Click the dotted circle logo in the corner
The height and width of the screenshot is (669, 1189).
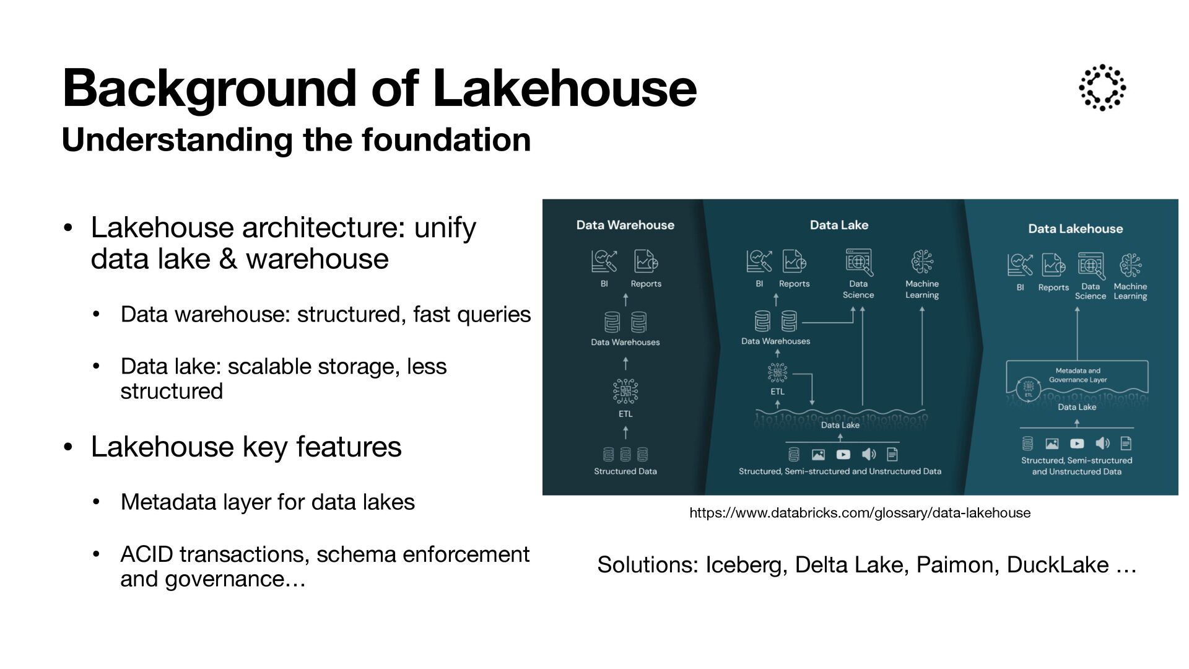point(1102,87)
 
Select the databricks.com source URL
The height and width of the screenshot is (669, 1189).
point(860,513)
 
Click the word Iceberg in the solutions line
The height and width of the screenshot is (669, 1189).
point(746,565)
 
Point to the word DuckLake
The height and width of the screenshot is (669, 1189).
point(1057,565)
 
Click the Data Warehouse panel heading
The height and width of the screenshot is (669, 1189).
point(625,225)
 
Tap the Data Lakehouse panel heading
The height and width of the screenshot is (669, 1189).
point(1075,229)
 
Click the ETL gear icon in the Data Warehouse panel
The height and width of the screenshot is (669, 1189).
point(625,391)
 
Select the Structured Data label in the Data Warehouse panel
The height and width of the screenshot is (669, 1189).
point(625,471)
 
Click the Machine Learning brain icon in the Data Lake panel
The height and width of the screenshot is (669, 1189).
point(921,262)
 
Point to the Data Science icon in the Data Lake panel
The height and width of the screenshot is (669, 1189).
point(858,262)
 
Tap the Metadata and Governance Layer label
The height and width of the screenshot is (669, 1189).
point(1078,375)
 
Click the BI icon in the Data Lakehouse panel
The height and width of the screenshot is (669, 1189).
point(1019,265)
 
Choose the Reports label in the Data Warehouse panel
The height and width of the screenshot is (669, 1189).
point(646,284)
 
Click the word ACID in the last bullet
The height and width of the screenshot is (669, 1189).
point(147,554)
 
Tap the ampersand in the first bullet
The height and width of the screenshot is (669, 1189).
point(228,259)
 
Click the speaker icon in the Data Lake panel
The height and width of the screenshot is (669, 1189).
point(869,455)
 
